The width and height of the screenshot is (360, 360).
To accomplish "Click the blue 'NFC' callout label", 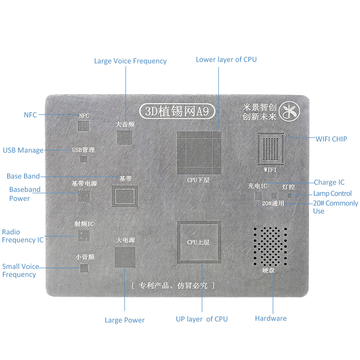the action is coord(30,115).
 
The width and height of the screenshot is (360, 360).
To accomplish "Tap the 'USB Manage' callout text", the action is coord(23,150).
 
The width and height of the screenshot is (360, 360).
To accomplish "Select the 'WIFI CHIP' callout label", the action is coord(331,139).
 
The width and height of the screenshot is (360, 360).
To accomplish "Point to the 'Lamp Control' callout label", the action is coord(332,194).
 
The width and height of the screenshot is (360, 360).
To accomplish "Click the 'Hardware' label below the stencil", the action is coord(271,319).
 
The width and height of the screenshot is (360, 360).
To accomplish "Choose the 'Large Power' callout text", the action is coord(125,320).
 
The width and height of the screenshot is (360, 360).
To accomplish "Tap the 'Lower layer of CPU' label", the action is coord(226,59).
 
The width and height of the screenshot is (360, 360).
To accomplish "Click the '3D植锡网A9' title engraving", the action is coord(177,111).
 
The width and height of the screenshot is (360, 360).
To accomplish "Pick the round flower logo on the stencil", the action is coord(289,111).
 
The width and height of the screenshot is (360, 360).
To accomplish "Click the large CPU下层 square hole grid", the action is coord(199,153).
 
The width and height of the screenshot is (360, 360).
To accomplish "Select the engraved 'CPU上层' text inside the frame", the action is coord(198,242).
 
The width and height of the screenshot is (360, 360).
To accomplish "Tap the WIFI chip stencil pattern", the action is coord(270,149).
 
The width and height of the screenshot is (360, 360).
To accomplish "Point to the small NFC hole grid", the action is coord(83,126).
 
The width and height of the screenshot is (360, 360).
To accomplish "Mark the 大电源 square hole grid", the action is coord(125,257).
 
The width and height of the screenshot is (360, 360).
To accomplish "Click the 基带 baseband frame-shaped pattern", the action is coord(125,196).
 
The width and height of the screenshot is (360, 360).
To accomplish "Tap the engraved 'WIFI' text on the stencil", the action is coord(270,170).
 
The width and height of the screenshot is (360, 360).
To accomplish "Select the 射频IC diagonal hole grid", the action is coord(84,235).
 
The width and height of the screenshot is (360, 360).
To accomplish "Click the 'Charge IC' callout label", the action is coord(329,182).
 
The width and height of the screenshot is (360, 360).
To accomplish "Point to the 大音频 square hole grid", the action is coord(125,138).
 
